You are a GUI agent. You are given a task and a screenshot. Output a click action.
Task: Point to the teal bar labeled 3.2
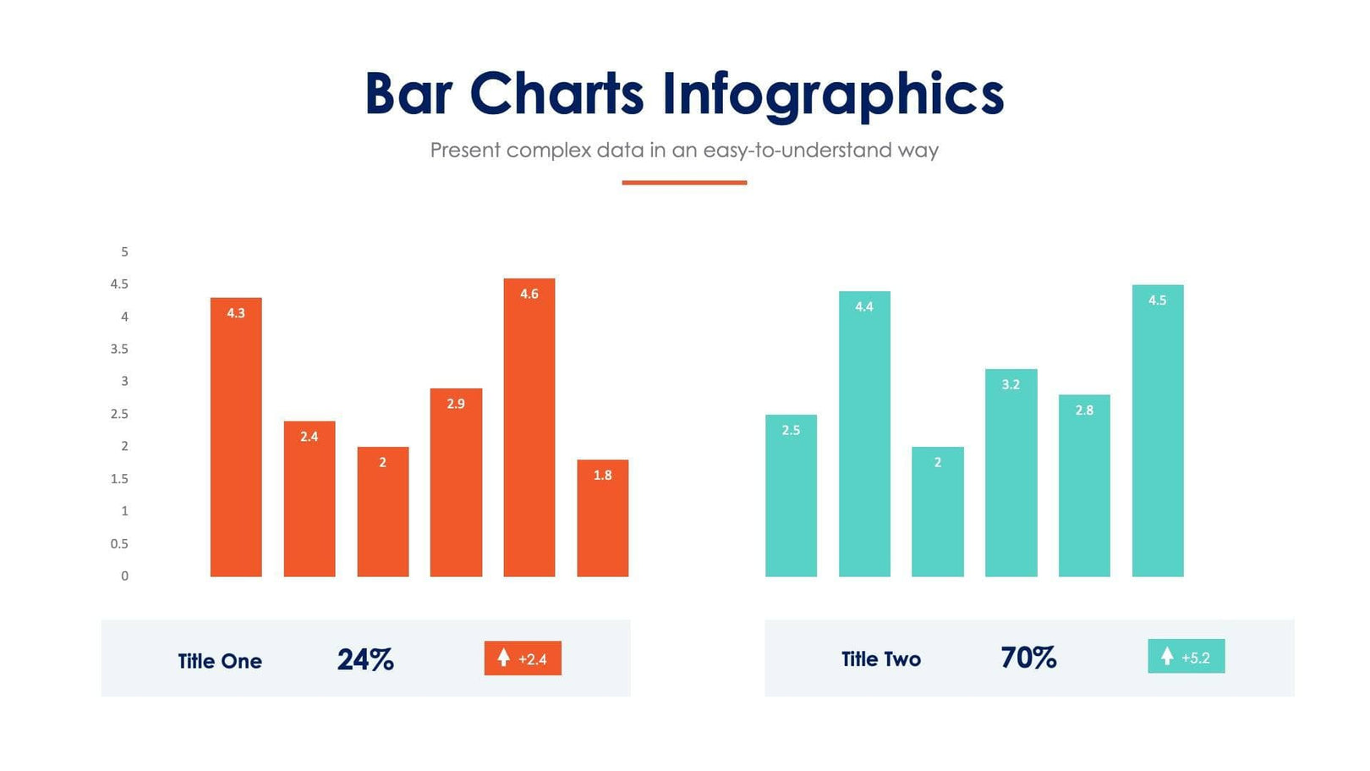(x=1011, y=473)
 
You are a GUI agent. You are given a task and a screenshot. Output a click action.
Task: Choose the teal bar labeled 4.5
(x=1157, y=431)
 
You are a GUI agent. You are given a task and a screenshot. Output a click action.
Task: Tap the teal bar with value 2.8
(x=1084, y=486)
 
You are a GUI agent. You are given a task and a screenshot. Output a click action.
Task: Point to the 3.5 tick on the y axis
(x=119, y=349)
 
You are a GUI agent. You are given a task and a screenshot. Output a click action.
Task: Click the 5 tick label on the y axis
(x=125, y=251)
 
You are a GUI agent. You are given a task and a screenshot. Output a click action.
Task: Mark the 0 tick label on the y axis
(x=125, y=576)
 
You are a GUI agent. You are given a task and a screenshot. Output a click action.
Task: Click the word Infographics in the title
(x=832, y=94)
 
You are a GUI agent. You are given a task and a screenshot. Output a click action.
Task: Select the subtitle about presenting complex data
(x=684, y=151)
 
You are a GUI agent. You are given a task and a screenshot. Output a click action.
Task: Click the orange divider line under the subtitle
(x=684, y=182)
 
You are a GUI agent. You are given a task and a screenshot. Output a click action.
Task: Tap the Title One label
(x=220, y=661)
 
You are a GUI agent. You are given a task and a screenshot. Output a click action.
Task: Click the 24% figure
(x=365, y=659)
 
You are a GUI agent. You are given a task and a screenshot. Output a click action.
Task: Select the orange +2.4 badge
(x=523, y=658)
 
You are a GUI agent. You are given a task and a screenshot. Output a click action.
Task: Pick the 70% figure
(x=1028, y=658)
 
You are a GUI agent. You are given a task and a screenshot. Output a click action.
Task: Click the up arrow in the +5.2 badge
(x=1167, y=656)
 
